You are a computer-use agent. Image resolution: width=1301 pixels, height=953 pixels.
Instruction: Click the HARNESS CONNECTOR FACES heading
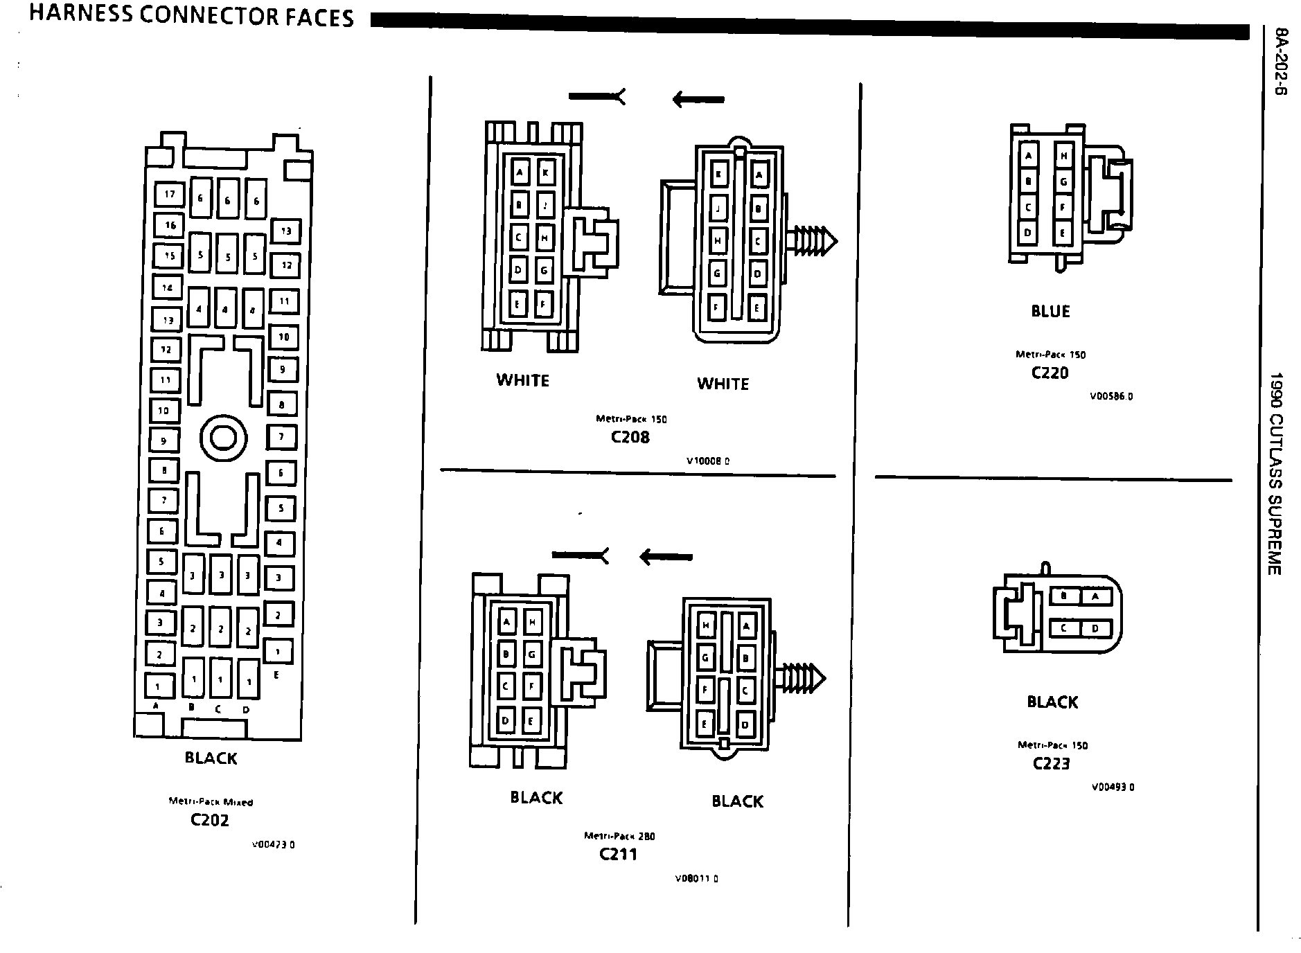(x=191, y=17)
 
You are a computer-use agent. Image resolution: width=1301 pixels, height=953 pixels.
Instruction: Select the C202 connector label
(x=210, y=820)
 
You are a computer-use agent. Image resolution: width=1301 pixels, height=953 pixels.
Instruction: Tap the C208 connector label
(x=630, y=437)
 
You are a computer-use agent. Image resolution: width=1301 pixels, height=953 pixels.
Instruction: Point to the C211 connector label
(x=618, y=854)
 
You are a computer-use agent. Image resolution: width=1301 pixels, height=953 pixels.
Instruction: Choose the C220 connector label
(x=1050, y=373)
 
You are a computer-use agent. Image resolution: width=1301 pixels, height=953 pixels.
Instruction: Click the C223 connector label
(x=1051, y=763)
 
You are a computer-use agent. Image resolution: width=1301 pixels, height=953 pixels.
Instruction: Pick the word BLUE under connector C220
(x=1050, y=312)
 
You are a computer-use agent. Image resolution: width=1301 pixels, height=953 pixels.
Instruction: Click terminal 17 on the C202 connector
(x=170, y=195)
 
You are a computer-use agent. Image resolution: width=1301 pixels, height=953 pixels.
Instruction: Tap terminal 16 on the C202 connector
(x=170, y=224)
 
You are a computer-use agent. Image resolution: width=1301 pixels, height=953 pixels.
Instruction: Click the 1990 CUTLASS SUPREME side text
(x=1275, y=474)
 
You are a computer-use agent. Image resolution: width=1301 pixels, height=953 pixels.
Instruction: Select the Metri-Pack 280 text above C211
(x=619, y=836)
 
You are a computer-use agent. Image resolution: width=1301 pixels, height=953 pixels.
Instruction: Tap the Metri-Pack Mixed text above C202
(x=211, y=802)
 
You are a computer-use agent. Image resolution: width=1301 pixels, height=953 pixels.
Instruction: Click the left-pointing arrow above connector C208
(x=698, y=100)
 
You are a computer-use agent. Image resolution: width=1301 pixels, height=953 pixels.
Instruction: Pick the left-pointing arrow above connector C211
(x=666, y=556)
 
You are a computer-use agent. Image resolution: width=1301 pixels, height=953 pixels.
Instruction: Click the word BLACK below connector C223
(x=1052, y=702)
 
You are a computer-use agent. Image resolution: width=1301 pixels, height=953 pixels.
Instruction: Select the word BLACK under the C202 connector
(x=211, y=758)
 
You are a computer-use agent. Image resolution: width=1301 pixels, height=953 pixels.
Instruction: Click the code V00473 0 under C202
(x=273, y=844)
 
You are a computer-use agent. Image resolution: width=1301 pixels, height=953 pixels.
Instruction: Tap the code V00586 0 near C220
(x=1110, y=397)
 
